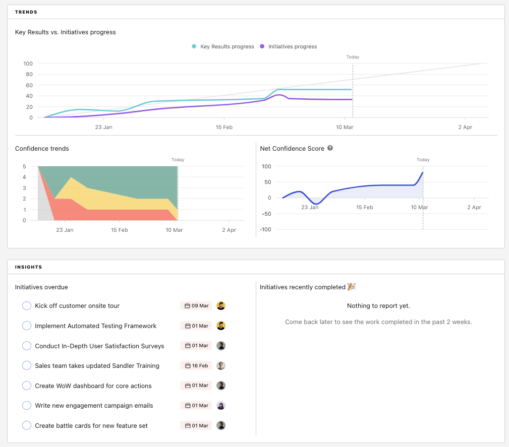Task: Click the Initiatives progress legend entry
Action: point(288,46)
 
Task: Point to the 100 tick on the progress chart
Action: point(28,63)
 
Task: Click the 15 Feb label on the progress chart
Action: point(224,127)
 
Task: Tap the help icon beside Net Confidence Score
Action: point(330,148)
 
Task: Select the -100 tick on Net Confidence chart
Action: point(265,229)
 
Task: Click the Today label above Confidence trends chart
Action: point(178,160)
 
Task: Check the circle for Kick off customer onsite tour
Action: point(27,306)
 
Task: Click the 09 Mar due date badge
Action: point(196,306)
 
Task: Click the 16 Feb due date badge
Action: point(196,365)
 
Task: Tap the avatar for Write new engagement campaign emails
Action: point(221,406)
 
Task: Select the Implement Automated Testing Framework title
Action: point(95,326)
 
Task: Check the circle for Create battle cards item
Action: point(27,425)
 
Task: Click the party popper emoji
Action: point(352,287)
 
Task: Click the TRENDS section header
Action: point(26,12)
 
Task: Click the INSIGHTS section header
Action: point(28,267)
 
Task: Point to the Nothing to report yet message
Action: point(378,306)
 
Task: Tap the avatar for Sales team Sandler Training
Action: point(221,365)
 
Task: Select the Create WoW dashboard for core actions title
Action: point(93,386)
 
